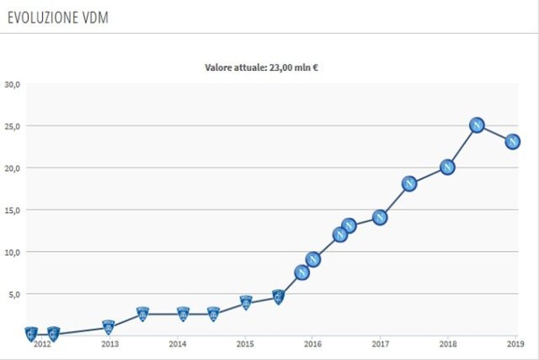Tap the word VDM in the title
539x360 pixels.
[95, 18]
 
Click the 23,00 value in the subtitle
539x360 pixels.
[280, 67]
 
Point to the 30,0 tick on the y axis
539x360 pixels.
[13, 84]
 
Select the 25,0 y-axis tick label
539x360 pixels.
[13, 126]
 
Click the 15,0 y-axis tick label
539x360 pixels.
[13, 210]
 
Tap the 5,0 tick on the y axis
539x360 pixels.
[14, 295]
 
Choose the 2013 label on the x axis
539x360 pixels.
[110, 344]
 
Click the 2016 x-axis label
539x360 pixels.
[313, 344]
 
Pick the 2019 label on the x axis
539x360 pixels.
[516, 344]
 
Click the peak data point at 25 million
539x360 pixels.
[476, 125]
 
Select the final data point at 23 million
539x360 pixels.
[512, 141]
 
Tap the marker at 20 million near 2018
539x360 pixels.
[447, 167]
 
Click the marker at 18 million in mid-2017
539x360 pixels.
[409, 184]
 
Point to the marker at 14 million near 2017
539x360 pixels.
[380, 218]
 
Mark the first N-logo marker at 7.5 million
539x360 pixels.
[301, 273]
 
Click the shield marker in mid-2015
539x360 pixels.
[278, 297]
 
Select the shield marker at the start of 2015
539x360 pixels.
[246, 302]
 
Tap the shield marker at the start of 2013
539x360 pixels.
[109, 328]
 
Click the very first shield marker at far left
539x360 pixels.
[32, 334]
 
